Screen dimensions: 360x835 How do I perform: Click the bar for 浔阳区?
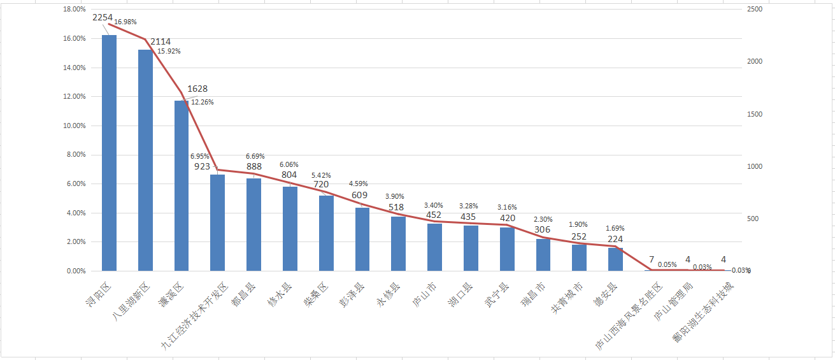tap(109, 153)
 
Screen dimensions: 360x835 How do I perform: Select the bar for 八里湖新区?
tap(145, 160)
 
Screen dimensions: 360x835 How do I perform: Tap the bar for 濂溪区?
tap(182, 185)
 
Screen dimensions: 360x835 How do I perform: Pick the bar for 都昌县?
tap(254, 224)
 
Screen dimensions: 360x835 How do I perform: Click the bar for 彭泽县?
tap(362, 239)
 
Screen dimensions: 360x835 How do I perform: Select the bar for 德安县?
tap(615, 259)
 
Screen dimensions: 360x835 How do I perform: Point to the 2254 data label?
tap(103, 18)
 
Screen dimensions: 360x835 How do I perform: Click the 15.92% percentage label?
tap(169, 52)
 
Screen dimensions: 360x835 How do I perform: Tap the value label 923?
tap(202, 166)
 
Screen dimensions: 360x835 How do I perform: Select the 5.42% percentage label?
tap(321, 175)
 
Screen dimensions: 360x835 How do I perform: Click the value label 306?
tap(543, 229)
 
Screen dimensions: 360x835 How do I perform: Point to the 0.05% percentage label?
tap(667, 264)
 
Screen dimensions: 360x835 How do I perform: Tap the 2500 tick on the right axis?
tap(755, 10)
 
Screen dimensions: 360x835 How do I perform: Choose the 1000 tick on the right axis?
tap(755, 166)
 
